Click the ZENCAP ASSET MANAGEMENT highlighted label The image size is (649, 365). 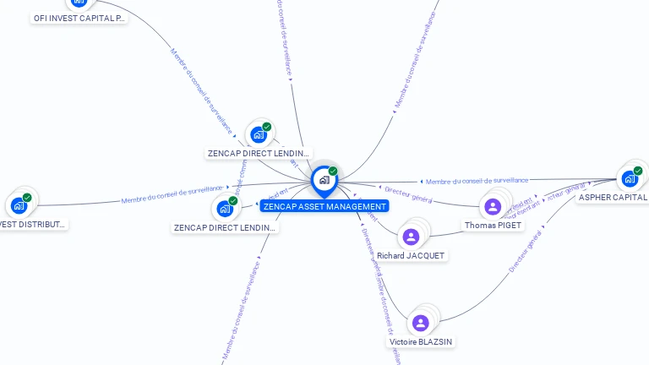click(x=324, y=206)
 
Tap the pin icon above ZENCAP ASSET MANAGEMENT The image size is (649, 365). click(x=324, y=180)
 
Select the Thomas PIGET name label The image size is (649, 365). click(x=494, y=226)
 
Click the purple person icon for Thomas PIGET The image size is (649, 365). click(x=494, y=206)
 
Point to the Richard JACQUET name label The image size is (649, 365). click(x=411, y=255)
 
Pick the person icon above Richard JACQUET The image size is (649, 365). click(x=411, y=237)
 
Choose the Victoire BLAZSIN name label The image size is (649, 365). click(x=420, y=342)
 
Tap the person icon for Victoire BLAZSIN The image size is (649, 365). click(x=420, y=323)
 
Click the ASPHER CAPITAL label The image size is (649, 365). click(x=613, y=198)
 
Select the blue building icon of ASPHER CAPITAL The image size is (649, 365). click(x=630, y=178)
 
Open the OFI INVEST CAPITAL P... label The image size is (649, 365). click(x=79, y=18)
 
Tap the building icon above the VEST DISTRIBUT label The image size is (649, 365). click(x=19, y=205)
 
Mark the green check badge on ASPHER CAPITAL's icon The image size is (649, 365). click(x=638, y=171)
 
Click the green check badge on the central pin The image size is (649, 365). click(x=333, y=172)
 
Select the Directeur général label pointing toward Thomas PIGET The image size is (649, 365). click(x=408, y=193)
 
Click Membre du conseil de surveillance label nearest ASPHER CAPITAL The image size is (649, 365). click(x=477, y=181)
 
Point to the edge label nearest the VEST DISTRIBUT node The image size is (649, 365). click(x=172, y=194)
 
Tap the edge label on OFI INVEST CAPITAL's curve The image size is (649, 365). click(x=201, y=91)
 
